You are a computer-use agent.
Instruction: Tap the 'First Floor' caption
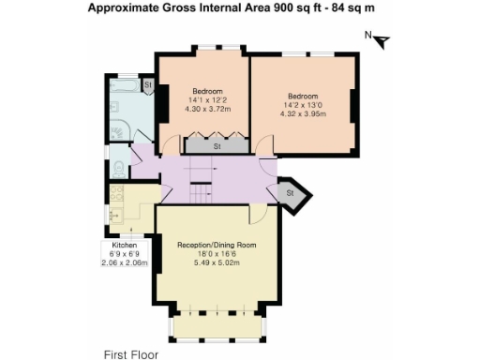click(130, 354)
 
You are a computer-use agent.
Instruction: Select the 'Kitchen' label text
click(125, 246)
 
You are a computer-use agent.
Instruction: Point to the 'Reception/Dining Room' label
click(217, 245)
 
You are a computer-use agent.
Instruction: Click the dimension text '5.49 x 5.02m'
click(217, 262)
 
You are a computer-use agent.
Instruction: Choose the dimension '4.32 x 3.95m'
click(302, 113)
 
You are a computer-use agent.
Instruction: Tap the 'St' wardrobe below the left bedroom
click(217, 146)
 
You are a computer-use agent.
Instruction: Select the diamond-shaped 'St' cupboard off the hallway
click(290, 193)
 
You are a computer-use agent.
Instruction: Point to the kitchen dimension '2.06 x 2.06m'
click(125, 263)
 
